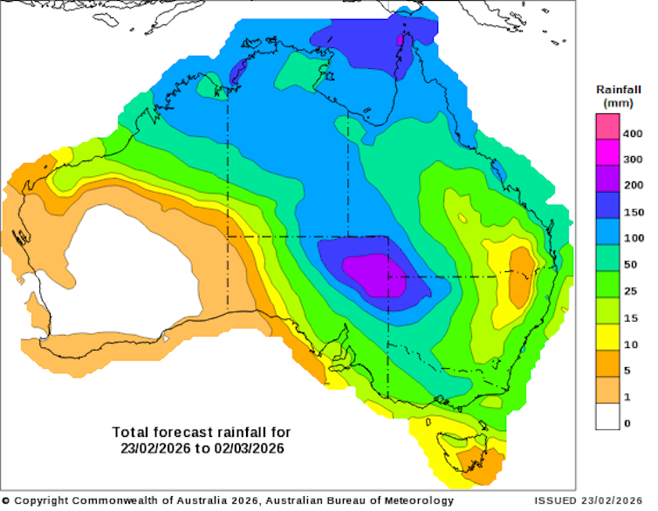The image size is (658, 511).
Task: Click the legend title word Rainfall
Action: click(620, 90)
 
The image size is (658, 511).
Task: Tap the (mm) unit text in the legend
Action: click(620, 104)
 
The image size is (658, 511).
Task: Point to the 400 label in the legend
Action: click(632, 133)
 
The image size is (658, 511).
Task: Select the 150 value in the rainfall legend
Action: click(632, 212)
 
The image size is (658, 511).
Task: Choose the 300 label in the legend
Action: click(632, 160)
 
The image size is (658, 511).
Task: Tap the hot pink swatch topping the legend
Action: click(608, 126)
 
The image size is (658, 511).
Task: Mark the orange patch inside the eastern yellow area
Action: click(521, 276)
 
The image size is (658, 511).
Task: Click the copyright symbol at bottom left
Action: click(6, 501)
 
